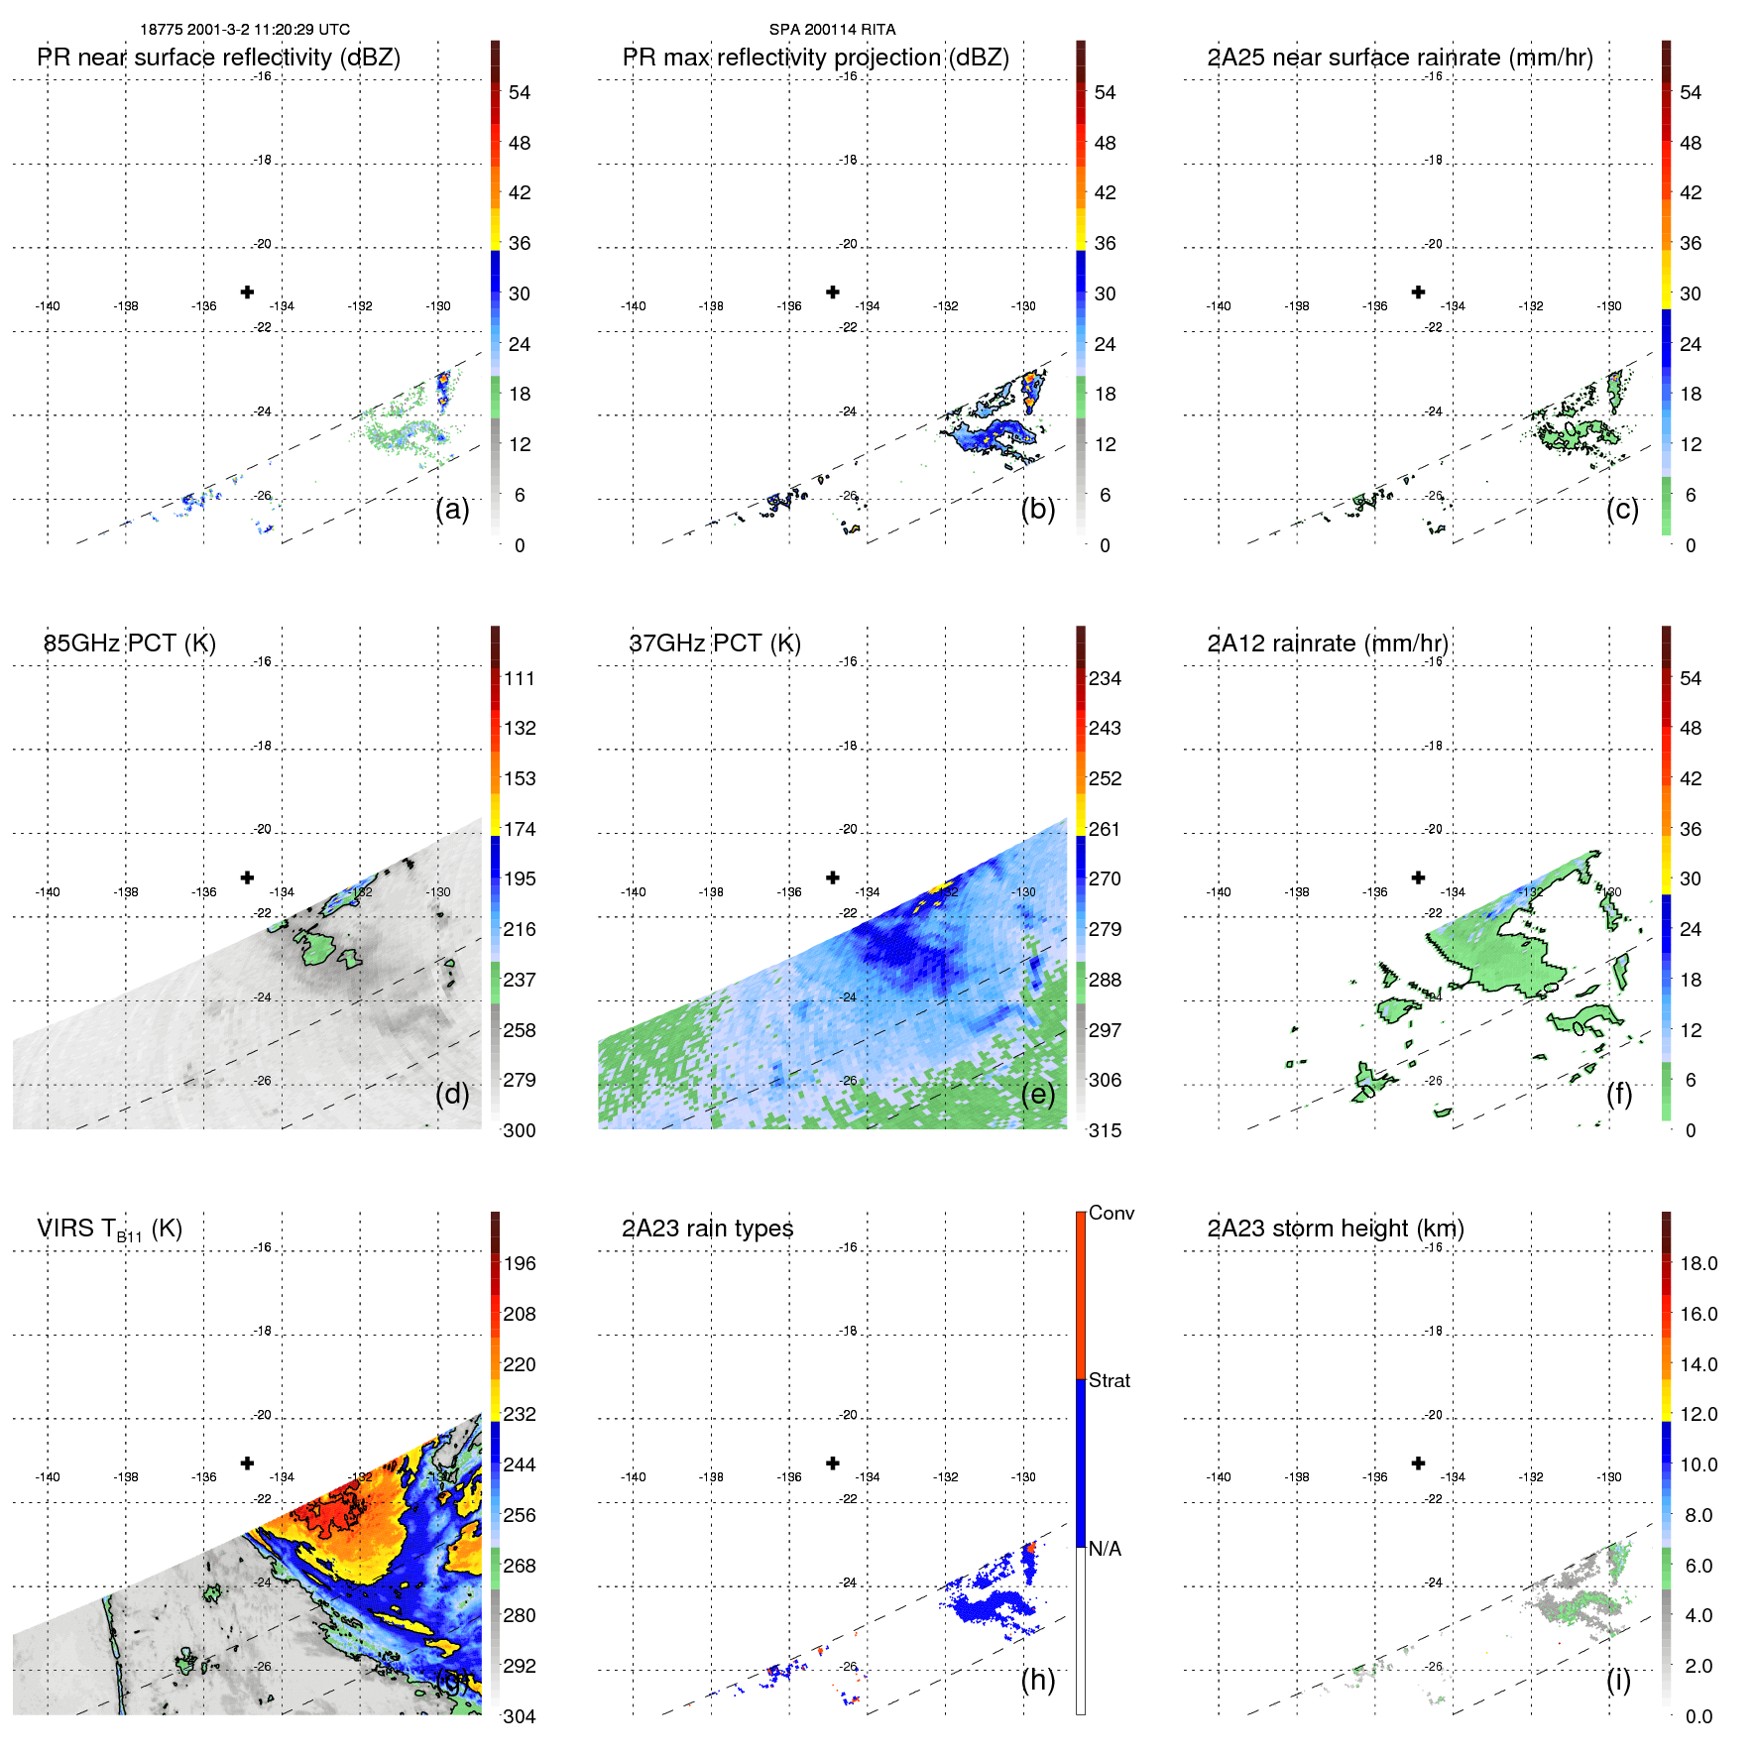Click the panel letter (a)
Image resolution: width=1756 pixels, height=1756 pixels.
pos(452,510)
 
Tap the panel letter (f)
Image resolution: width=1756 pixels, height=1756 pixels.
pos(1619,1094)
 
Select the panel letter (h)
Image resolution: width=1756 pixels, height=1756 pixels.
pos(1037,1680)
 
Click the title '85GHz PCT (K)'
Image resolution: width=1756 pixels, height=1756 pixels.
pos(129,643)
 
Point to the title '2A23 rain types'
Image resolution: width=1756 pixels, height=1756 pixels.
pos(707,1229)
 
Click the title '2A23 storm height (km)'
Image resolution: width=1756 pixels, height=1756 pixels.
pos(1335,1229)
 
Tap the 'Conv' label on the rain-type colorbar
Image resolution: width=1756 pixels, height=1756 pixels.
pos(1111,1213)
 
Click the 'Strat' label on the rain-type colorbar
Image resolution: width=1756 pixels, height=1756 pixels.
pos(1109,1380)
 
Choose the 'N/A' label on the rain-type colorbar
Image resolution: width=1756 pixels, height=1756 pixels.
pos(1105,1549)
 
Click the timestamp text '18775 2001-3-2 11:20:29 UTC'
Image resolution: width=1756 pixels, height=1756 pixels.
pos(245,30)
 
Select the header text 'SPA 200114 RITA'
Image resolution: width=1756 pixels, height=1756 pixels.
pos(832,30)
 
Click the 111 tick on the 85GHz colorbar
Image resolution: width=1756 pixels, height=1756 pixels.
pos(520,678)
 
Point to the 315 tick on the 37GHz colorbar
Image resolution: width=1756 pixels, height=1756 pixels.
pos(1105,1130)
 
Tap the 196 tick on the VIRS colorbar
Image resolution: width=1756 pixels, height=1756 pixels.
pos(520,1263)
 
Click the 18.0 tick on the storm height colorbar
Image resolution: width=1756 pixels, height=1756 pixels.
pos(1697,1263)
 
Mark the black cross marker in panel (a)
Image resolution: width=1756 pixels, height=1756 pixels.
pos(247,292)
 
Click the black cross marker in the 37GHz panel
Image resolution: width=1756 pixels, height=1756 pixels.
pos(833,878)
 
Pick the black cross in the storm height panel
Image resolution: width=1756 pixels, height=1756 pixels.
pos(1418,1463)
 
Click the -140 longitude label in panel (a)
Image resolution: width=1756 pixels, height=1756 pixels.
pos(48,306)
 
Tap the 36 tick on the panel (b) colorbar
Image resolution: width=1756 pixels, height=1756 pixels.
pos(1105,243)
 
